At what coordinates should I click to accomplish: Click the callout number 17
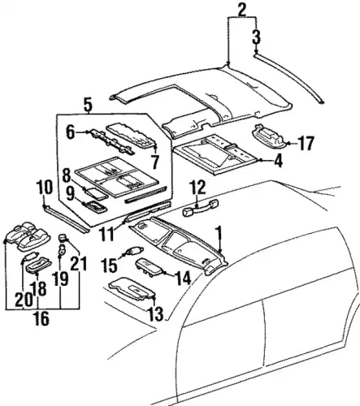point(306,143)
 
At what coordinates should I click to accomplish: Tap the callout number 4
point(278,161)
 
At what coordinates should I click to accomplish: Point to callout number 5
point(88,106)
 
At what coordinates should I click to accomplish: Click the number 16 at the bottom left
point(42,318)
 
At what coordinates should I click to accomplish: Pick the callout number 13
point(156,314)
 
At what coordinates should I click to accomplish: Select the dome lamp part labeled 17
point(269,136)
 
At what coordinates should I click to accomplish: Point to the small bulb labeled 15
point(134,250)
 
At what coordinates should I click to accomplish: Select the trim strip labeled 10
point(67,218)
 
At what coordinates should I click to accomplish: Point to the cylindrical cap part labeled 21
point(63,238)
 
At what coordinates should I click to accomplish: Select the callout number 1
point(219,234)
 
